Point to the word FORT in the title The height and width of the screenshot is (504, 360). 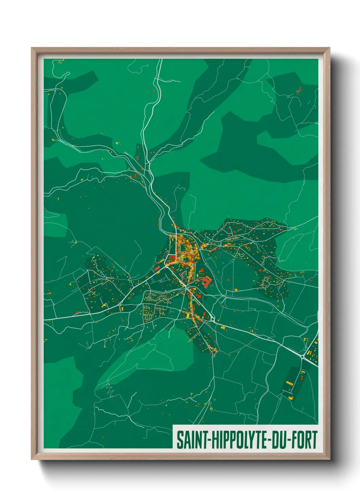pos(305,440)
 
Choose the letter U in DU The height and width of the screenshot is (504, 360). pos(283,440)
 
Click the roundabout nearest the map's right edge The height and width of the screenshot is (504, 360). pos(302,356)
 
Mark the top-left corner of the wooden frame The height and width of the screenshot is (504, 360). pos(32,48)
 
